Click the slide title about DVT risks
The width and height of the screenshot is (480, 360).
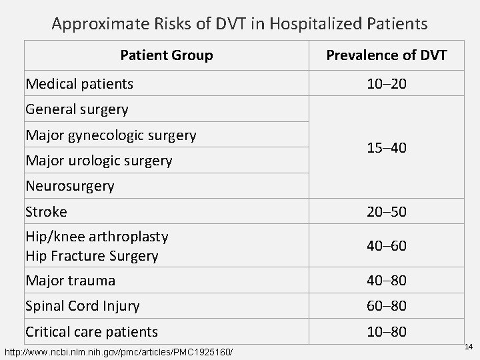240,25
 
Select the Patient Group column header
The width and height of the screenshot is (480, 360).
167,55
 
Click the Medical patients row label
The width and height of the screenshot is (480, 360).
79,83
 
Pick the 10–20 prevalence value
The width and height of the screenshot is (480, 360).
386,83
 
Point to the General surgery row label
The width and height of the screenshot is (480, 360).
77,109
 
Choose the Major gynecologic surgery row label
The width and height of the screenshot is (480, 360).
111,135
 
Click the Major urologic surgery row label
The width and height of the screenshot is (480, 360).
99,161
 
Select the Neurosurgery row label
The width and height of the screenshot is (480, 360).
69,186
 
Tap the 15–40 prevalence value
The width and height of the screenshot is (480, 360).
386,147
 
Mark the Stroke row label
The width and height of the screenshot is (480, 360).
46,212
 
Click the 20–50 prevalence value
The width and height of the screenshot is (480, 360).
386,212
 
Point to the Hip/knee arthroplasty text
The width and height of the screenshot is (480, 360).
97,237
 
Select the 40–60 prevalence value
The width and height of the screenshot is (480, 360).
386,246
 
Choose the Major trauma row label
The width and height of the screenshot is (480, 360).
70,281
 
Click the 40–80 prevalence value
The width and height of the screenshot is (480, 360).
386,281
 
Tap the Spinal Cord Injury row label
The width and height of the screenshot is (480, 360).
82,306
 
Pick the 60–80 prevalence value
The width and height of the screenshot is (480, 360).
386,306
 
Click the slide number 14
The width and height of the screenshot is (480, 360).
468,347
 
